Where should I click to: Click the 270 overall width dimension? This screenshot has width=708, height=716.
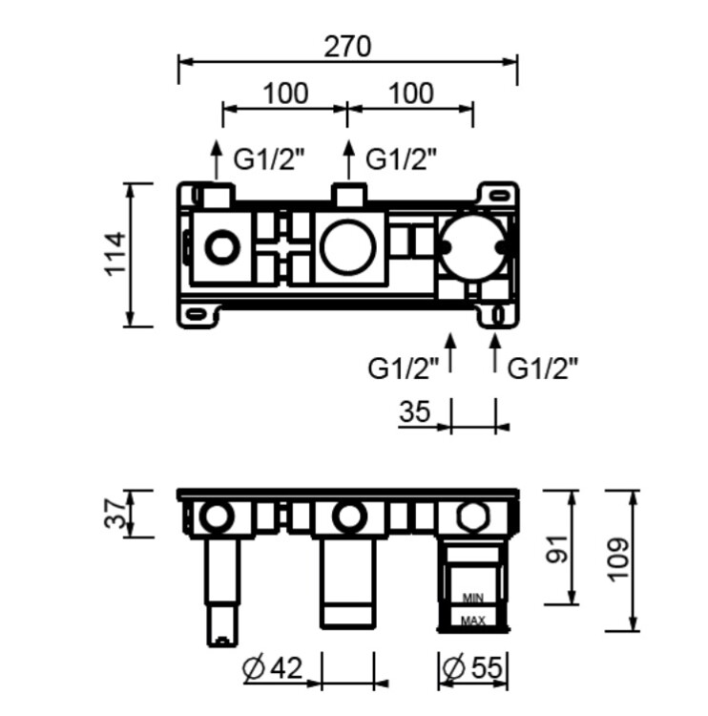(347, 47)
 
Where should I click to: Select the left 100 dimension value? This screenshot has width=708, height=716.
(285, 94)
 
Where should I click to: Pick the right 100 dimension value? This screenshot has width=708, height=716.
(411, 94)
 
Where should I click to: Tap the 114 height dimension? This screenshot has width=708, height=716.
(115, 254)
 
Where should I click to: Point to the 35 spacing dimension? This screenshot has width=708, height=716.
(415, 411)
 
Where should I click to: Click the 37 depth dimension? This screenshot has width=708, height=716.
(115, 514)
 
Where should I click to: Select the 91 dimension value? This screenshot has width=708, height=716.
(557, 550)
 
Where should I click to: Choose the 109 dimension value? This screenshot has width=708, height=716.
(618, 559)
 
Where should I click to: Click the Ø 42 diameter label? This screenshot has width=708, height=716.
(273, 668)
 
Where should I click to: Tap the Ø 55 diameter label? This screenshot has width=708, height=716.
(472, 668)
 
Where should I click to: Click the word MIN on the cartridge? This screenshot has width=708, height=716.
(473, 598)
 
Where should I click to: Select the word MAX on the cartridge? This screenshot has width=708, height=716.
(473, 621)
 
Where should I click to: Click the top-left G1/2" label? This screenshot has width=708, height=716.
(269, 158)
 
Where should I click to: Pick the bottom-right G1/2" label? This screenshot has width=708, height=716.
(543, 369)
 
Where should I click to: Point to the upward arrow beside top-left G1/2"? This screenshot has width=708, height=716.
(217, 159)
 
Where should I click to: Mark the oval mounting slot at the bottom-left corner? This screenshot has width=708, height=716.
(196, 313)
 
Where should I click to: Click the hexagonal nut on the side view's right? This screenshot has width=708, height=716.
(472, 516)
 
